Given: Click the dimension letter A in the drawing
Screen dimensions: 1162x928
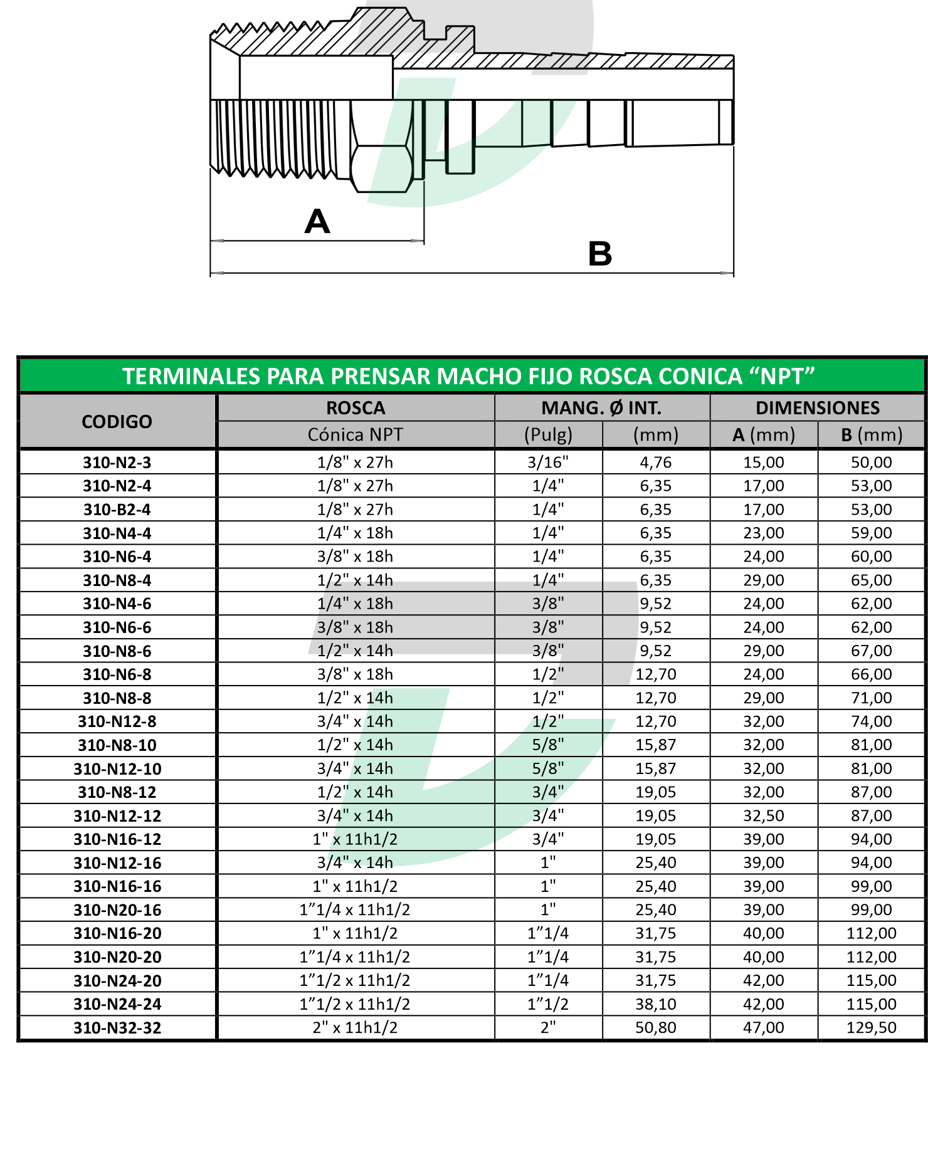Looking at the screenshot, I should [x=317, y=222].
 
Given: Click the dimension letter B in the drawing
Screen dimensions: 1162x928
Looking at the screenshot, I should [x=599, y=254].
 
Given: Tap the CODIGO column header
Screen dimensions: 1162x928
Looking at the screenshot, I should [x=117, y=422].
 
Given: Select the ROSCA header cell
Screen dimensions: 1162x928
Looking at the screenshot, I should [x=356, y=408].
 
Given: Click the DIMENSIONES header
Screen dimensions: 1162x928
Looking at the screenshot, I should [x=818, y=408].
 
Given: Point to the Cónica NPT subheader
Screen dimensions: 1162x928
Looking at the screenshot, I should [x=356, y=435].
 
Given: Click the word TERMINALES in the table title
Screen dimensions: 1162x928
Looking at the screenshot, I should [x=191, y=376].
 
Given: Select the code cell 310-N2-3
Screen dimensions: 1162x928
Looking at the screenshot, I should [x=117, y=463].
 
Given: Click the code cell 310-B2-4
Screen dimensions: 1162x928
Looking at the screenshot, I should [x=117, y=510].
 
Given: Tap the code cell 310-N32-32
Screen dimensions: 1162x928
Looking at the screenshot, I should [x=117, y=1028].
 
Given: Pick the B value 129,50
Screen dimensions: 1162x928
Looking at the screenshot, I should [x=872, y=1028].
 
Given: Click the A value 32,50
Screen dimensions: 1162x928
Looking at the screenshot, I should [x=764, y=816].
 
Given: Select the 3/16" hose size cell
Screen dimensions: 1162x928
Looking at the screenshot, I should [x=548, y=463].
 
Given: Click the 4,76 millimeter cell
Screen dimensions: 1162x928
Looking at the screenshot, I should [x=656, y=463].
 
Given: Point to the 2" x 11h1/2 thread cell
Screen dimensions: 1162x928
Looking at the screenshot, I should [x=356, y=1028].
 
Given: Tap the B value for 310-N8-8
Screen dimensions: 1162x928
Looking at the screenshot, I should [x=872, y=698].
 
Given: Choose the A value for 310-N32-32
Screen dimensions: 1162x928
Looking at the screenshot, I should [x=764, y=1028].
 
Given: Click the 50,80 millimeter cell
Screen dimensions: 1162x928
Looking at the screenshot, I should [x=656, y=1028].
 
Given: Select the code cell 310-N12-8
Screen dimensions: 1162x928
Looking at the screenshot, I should [x=117, y=721].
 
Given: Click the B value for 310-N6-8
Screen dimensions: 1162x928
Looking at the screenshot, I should [x=872, y=674].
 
